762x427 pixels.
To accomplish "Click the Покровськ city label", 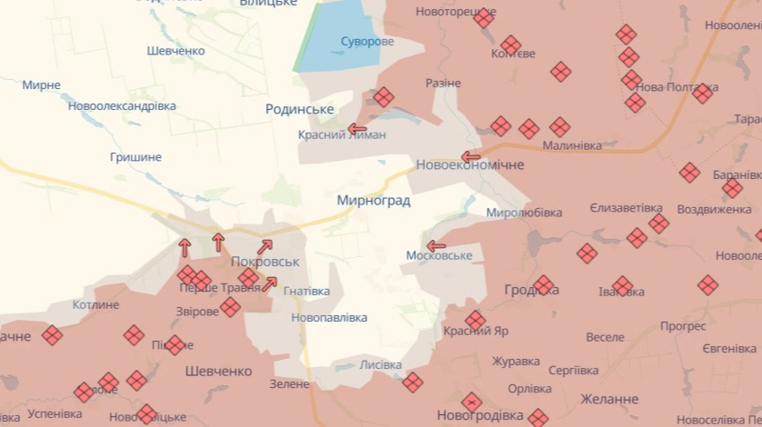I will pyautogui.click(x=265, y=262).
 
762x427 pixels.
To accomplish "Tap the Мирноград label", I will pyautogui.click(x=373, y=201).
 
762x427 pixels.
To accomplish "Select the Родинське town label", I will pyautogui.click(x=300, y=109).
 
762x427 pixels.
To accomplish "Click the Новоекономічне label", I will pyautogui.click(x=470, y=165).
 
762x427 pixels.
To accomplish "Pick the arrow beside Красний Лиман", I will pyautogui.click(x=357, y=129).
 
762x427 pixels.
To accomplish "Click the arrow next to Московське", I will pyautogui.click(x=437, y=245).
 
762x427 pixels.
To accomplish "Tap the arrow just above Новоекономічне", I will pyautogui.click(x=470, y=156).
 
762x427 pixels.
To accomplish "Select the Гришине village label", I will pyautogui.click(x=135, y=157).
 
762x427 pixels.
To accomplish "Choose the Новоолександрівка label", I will pyautogui.click(x=122, y=106).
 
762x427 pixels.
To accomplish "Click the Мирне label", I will pyautogui.click(x=42, y=85).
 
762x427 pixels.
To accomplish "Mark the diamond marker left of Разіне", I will pyautogui.click(x=384, y=97).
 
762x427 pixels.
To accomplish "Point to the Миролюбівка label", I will pyautogui.click(x=524, y=213).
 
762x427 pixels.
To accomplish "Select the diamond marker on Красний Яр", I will pyautogui.click(x=475, y=321).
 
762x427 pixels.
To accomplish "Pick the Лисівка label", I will pyautogui.click(x=381, y=365).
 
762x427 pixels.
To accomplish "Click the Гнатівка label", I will pyautogui.click(x=307, y=292).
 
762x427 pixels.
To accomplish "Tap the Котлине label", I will pyautogui.click(x=95, y=305).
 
